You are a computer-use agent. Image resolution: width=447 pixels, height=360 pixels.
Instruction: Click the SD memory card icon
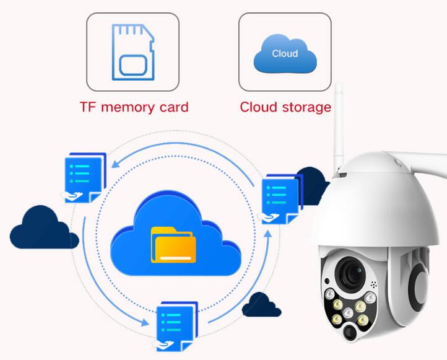pos(133,52)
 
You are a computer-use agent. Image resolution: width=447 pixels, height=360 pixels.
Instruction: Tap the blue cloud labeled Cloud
pos(285,53)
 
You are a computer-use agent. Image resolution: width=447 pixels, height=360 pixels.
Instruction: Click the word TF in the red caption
pos(87,107)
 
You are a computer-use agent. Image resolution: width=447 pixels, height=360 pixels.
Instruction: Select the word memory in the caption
pos(128,108)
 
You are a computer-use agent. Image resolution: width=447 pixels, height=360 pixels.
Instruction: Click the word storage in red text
pos(306,108)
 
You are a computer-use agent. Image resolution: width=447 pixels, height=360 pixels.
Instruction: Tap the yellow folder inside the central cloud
pos(173,245)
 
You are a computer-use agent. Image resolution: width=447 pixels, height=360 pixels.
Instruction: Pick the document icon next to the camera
pos(280,199)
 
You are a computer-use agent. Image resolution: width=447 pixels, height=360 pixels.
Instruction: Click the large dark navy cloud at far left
pos(44,227)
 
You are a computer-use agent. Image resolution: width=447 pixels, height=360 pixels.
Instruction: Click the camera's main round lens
pos(350,274)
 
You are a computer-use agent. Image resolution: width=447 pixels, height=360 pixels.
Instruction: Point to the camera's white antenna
pos(339,126)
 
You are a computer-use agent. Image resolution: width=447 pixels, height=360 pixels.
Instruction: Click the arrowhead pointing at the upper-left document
pos(115,164)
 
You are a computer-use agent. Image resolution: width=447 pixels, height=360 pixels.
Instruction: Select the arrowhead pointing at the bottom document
pos(145,322)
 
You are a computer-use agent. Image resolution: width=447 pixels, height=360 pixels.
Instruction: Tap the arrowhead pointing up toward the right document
pos(267,234)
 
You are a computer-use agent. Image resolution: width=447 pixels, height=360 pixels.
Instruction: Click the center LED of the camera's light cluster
pos(348,313)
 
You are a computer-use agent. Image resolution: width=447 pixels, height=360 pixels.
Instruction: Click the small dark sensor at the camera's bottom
pos(349,331)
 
